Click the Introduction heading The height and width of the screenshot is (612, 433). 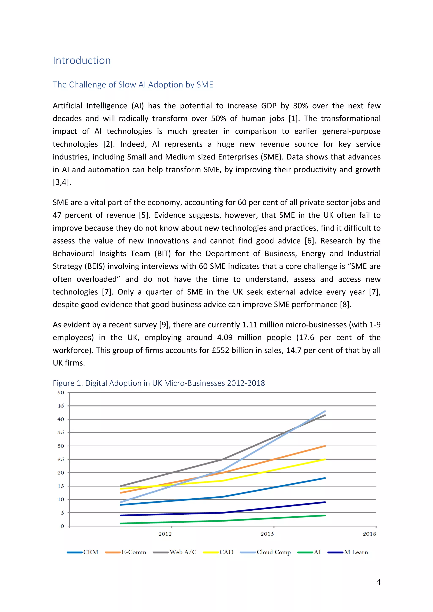82,60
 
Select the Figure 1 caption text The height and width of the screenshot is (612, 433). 159,383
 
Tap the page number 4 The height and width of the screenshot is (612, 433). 378,582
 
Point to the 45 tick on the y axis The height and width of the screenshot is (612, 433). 61,406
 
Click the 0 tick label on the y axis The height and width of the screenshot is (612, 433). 62,526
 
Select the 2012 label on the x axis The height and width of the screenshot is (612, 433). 165,534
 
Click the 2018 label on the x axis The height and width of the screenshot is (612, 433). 369,534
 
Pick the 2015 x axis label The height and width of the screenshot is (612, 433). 267,534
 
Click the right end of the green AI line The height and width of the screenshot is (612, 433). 325,515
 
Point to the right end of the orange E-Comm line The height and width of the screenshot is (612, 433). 325,446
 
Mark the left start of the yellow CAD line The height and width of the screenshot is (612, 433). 121,489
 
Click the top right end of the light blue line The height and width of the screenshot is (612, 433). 325,411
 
